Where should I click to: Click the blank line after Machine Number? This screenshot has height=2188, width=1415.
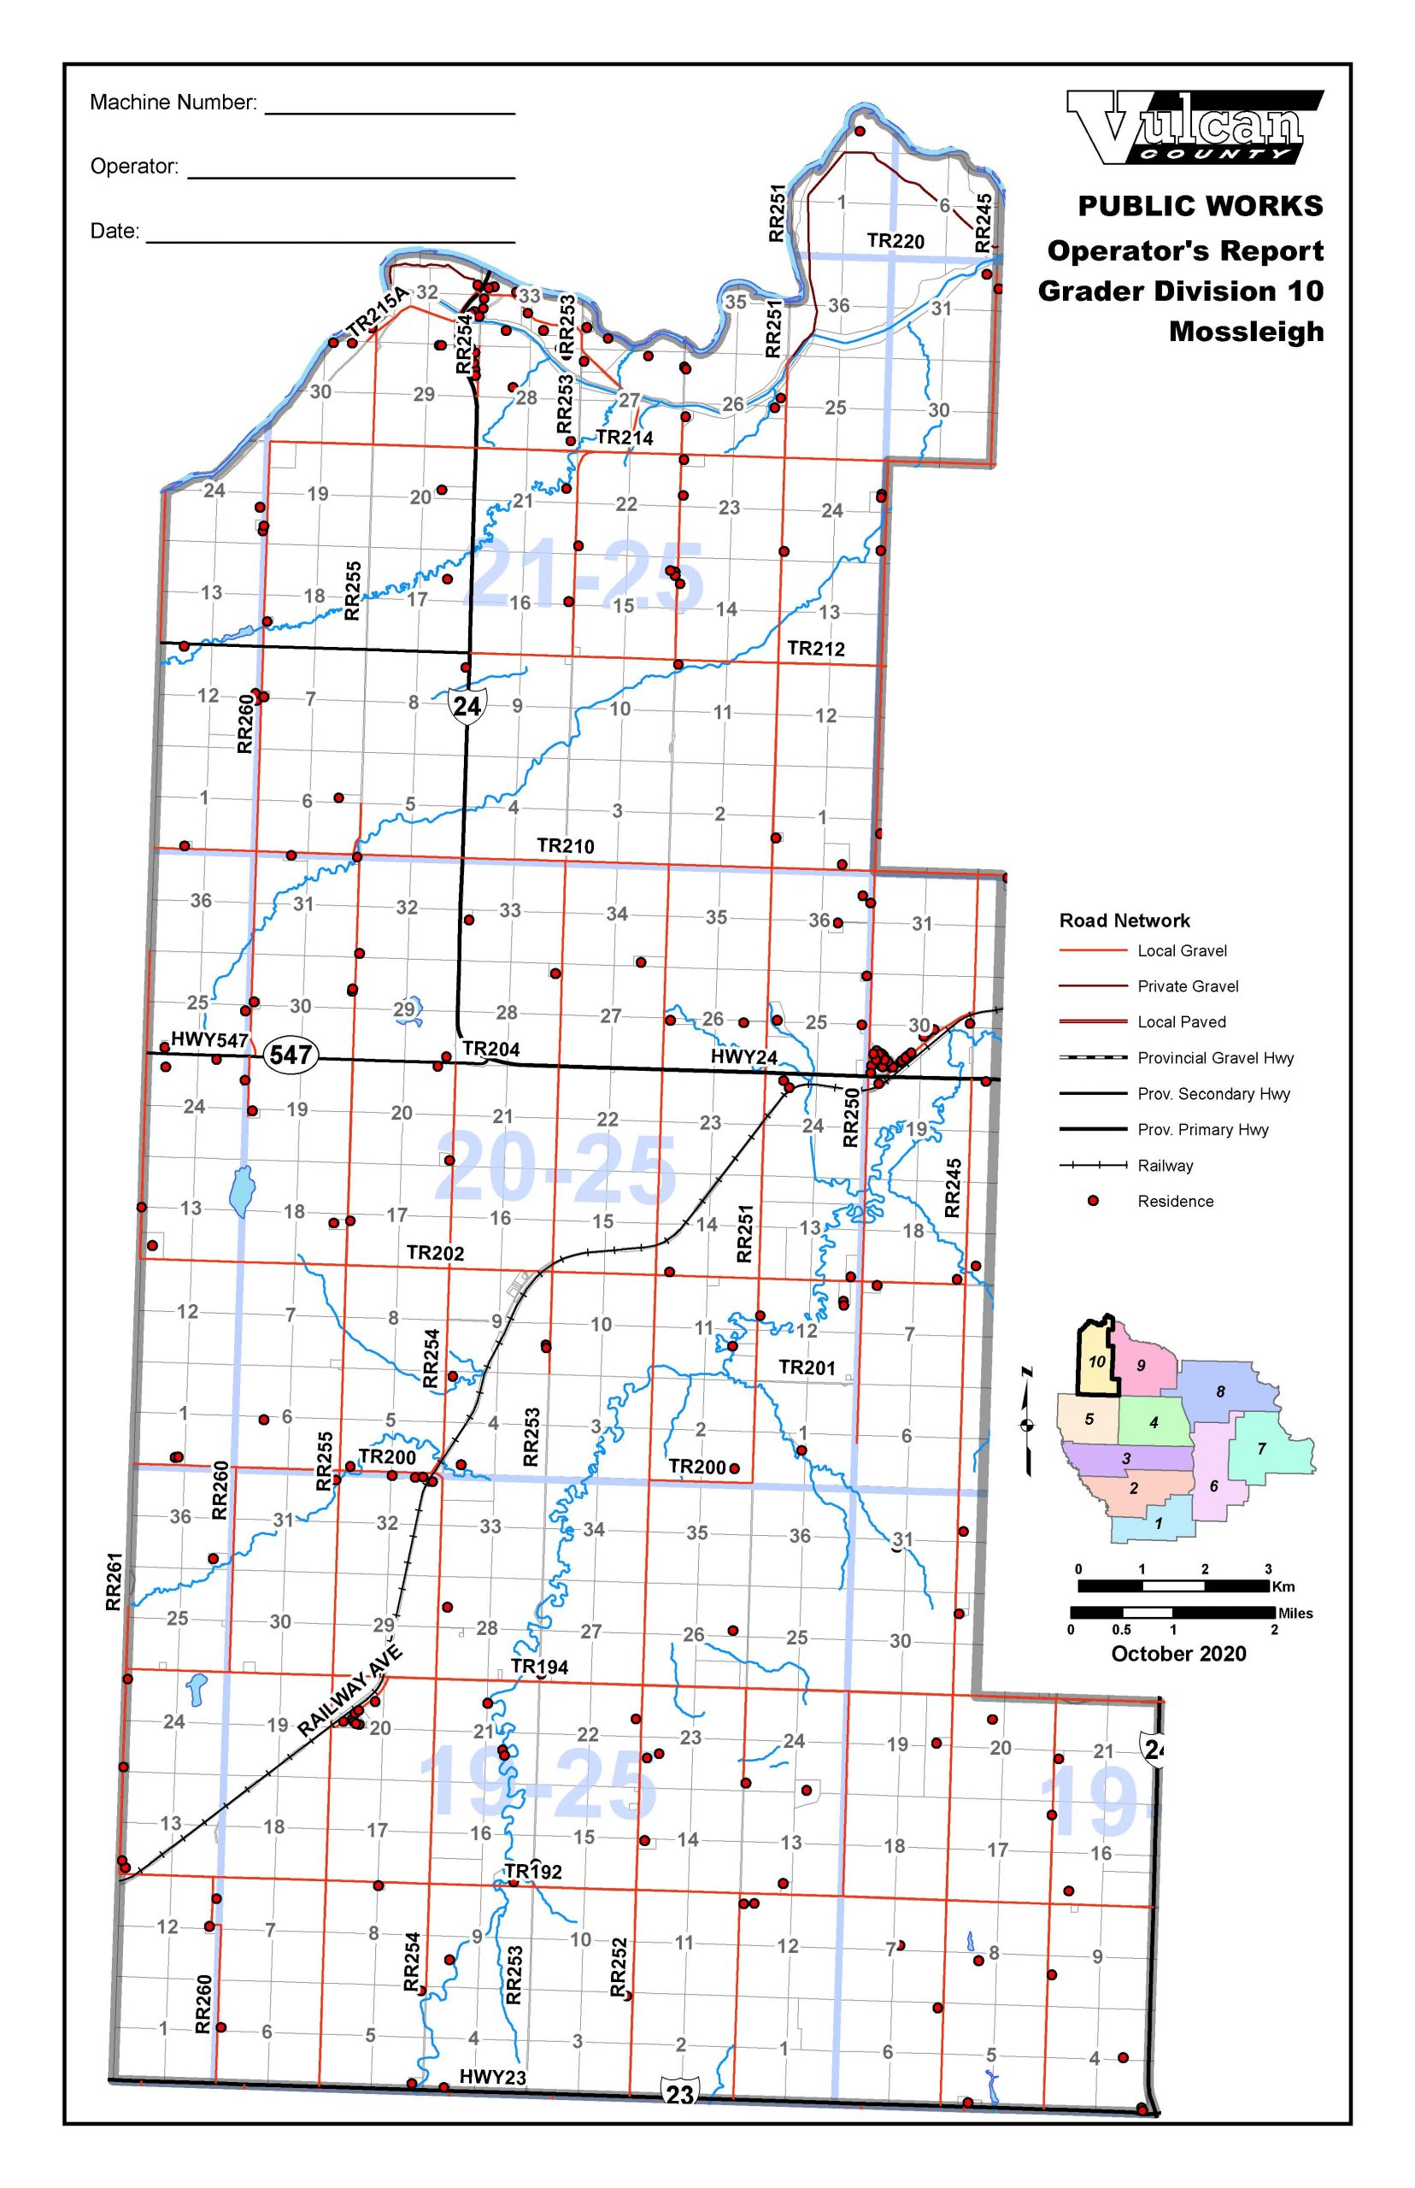[x=390, y=112]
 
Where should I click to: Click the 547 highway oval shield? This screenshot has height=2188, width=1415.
[x=291, y=1054]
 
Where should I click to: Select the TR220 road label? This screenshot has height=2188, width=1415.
[x=895, y=241]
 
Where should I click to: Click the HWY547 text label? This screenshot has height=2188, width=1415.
[x=209, y=1039]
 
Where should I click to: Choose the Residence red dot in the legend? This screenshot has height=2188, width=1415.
[x=1094, y=1200]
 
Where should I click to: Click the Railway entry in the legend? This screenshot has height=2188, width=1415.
[x=1165, y=1165]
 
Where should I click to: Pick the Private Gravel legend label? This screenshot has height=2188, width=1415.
[x=1187, y=986]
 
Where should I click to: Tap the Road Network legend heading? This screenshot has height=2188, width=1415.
[x=1124, y=920]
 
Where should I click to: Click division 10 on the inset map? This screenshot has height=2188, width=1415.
[x=1096, y=1362]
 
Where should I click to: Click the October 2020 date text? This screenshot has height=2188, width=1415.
[x=1178, y=1653]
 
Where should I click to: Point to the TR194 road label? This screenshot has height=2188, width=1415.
[x=539, y=1667]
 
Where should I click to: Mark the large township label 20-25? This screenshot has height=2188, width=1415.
[x=556, y=1169]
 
